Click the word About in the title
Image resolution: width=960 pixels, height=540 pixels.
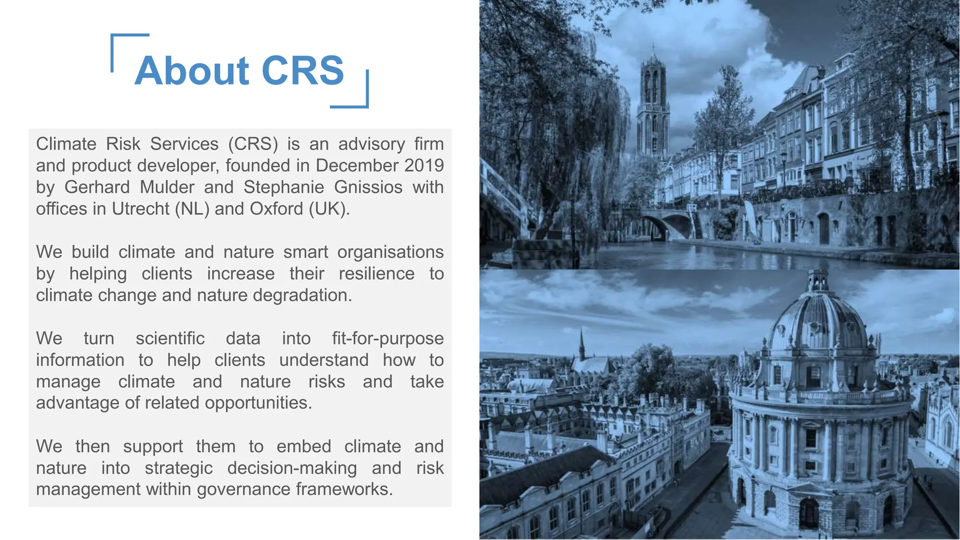(x=192, y=71)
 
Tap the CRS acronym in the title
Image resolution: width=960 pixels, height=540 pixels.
(x=303, y=71)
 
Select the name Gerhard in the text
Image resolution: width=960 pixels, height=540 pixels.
(x=97, y=187)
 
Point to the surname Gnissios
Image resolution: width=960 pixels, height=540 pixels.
(x=368, y=187)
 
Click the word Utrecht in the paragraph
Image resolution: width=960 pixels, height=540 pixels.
(x=140, y=209)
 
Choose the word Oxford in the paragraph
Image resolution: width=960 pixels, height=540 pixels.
(x=276, y=209)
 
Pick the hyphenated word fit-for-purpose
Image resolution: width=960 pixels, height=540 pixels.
(x=388, y=338)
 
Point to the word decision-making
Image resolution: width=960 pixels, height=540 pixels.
(x=292, y=468)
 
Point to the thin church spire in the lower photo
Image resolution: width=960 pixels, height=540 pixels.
(x=582, y=345)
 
